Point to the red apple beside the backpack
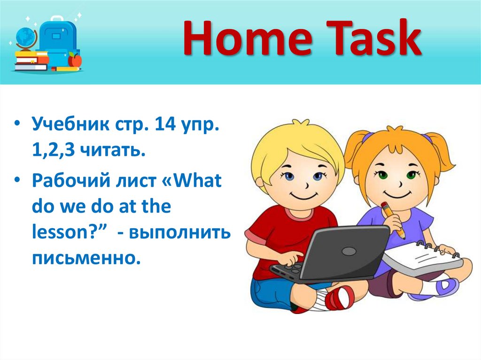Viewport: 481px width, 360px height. pyautogui.click(x=75, y=60)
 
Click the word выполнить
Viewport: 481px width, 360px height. pyautogui.click(x=183, y=232)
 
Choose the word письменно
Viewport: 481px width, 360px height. pyautogui.click(x=86, y=257)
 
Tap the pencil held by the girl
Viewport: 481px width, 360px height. pyautogui.click(x=393, y=220)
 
